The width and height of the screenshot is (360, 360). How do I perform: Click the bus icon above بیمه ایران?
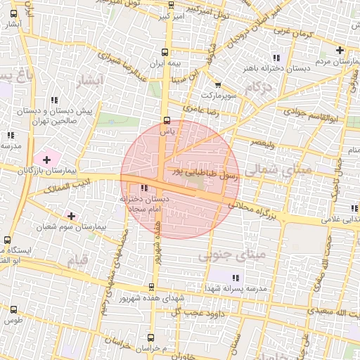click(x=165, y=51)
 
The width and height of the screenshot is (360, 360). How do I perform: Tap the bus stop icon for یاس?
click(x=167, y=120)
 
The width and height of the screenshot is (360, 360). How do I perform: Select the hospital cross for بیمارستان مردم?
click(x=340, y=50)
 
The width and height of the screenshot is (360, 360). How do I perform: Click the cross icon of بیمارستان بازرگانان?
click(x=47, y=160)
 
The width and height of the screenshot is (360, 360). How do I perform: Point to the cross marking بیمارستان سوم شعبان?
click(x=71, y=215)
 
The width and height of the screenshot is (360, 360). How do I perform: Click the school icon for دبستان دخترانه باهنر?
click(x=276, y=58)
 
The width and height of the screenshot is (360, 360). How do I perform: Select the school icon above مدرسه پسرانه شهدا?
click(x=235, y=278)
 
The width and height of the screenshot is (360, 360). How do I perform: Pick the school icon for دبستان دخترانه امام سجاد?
click(x=144, y=188)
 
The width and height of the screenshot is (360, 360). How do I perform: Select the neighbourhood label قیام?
click(x=79, y=260)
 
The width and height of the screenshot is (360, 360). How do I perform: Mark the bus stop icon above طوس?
click(x=14, y=309)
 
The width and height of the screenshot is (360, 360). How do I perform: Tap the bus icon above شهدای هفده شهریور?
click(x=151, y=286)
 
